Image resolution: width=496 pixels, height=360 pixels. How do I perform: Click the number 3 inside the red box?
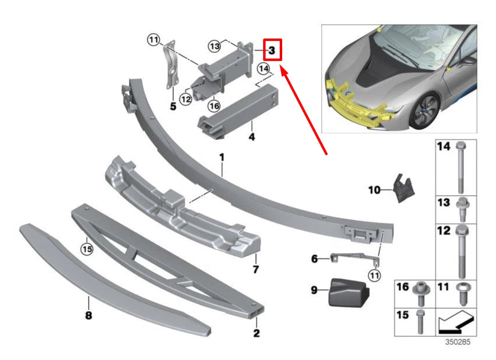tap(272, 50)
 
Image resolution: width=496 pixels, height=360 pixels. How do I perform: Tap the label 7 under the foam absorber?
tap(256, 269)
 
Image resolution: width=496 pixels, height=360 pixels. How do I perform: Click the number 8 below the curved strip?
tap(88, 316)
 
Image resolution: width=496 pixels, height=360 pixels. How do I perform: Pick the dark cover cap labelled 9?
tap(348, 291)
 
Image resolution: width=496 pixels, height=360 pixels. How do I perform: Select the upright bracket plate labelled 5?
tap(171, 66)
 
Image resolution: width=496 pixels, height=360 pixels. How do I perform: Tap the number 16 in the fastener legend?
tap(402, 287)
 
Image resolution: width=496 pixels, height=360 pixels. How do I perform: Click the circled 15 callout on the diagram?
tap(86, 249)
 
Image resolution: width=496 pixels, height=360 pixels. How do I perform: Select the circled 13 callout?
tap(214, 46)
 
